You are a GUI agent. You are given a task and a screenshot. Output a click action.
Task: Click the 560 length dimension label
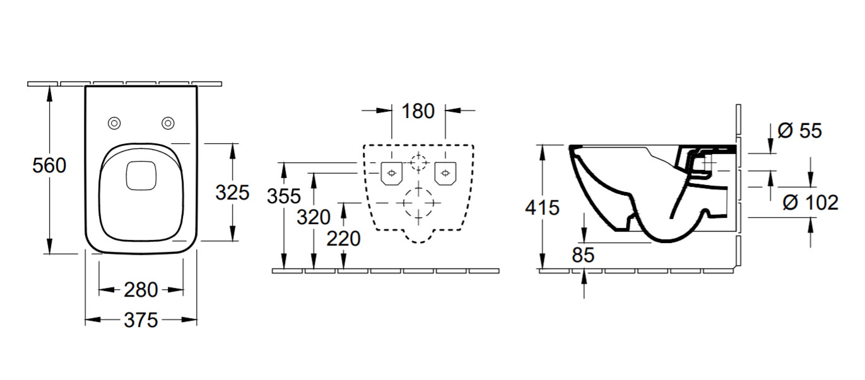tap(49, 165)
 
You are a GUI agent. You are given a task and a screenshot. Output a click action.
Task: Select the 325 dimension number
tap(232, 193)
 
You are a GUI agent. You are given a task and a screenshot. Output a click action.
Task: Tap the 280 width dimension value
tap(141, 290)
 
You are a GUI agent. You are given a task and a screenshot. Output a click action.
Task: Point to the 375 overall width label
tap(141, 320)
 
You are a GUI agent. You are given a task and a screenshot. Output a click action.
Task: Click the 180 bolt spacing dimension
tap(418, 111)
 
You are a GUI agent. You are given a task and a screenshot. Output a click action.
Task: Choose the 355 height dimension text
tap(284, 196)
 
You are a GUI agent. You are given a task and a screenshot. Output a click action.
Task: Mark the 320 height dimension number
tap(314, 217)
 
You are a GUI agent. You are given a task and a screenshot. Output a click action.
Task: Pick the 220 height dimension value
tap(343, 238)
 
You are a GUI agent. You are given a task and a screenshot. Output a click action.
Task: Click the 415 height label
tap(542, 208)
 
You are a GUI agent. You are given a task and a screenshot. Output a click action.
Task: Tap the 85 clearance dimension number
tap(583, 255)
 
